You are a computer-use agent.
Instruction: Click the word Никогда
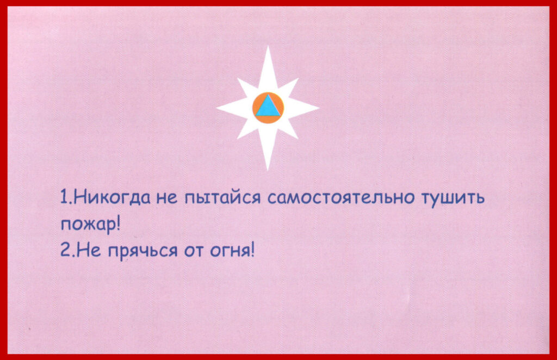click(x=112, y=197)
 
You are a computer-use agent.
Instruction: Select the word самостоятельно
click(x=341, y=197)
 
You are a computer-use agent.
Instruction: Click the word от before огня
click(x=193, y=251)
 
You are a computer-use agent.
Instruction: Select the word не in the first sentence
click(x=166, y=198)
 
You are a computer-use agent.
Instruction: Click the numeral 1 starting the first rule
click(x=64, y=197)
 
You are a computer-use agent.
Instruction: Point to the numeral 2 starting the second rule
click(x=65, y=250)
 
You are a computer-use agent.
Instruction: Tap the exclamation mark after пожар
click(x=118, y=224)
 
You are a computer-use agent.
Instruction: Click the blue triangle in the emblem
click(x=268, y=107)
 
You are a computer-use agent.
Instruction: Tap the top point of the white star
click(x=268, y=46)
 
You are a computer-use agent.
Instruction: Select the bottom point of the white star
click(x=268, y=169)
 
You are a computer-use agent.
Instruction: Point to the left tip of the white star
click(x=217, y=108)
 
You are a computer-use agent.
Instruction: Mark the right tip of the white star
click(x=318, y=108)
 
